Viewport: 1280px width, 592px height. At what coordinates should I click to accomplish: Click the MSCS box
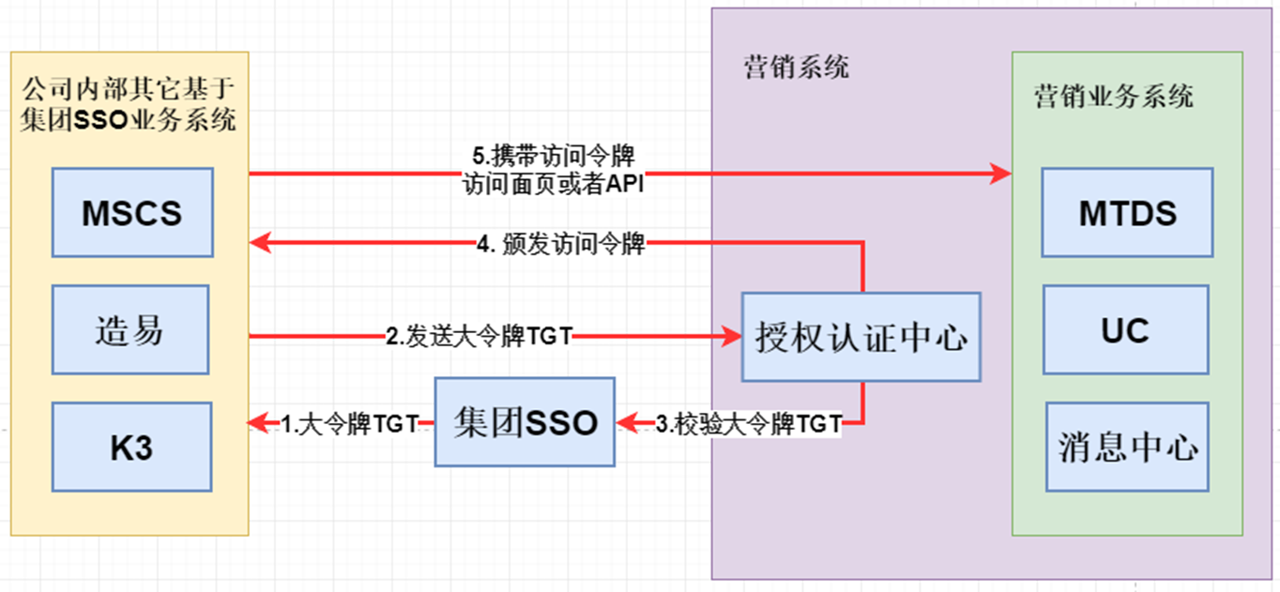pyautogui.click(x=132, y=213)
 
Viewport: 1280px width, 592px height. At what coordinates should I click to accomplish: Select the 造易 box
pyautogui.click(x=130, y=331)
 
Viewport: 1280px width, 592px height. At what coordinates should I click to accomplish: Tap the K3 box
pyautogui.click(x=131, y=448)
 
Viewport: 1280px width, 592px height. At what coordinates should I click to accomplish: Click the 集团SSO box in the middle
pyautogui.click(x=525, y=422)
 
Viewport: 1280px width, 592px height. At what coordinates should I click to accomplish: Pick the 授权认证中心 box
pyautogui.click(x=861, y=337)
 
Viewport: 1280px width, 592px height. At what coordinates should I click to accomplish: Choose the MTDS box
pyautogui.click(x=1127, y=213)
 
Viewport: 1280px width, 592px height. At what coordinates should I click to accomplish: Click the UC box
pyautogui.click(x=1125, y=331)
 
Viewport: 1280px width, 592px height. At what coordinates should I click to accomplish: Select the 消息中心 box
pyautogui.click(x=1127, y=447)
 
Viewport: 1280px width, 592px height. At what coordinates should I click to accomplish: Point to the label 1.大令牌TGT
pyautogui.click(x=349, y=424)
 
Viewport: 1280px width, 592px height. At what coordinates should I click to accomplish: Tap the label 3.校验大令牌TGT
pyautogui.click(x=747, y=424)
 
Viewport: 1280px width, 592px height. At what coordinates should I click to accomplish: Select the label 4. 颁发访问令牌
pyautogui.click(x=561, y=245)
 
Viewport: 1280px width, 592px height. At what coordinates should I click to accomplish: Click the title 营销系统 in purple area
pyautogui.click(x=797, y=68)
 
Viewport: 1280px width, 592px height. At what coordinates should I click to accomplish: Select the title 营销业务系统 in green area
pyautogui.click(x=1114, y=97)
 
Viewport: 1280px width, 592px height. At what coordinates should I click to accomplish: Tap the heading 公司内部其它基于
pyautogui.click(x=128, y=92)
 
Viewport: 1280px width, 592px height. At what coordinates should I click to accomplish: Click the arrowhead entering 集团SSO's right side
pyautogui.click(x=626, y=424)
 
